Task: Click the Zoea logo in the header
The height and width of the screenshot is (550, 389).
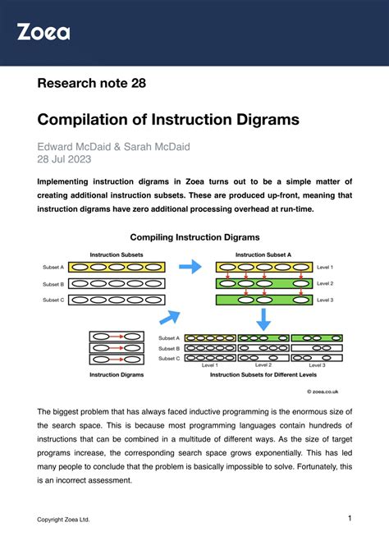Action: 43,32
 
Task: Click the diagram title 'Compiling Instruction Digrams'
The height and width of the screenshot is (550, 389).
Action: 194,237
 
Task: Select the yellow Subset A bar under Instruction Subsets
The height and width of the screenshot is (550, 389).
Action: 117,267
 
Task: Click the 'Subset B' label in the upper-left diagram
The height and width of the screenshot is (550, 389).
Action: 53,284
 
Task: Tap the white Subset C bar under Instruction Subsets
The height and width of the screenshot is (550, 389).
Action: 117,300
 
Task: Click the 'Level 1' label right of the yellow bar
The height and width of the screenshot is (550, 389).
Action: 326,268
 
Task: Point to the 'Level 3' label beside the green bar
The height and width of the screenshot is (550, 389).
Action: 326,300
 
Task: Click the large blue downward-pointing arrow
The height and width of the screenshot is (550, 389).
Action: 264,319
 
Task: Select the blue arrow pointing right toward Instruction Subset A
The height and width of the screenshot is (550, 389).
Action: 190,267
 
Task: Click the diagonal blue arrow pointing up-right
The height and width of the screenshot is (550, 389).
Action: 170,317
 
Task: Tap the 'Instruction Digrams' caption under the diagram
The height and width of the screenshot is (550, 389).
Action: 117,374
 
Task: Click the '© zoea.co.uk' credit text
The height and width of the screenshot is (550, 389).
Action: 323,392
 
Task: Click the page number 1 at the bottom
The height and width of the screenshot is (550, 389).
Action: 349,519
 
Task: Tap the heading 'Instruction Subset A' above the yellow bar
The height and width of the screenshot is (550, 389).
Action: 263,254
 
